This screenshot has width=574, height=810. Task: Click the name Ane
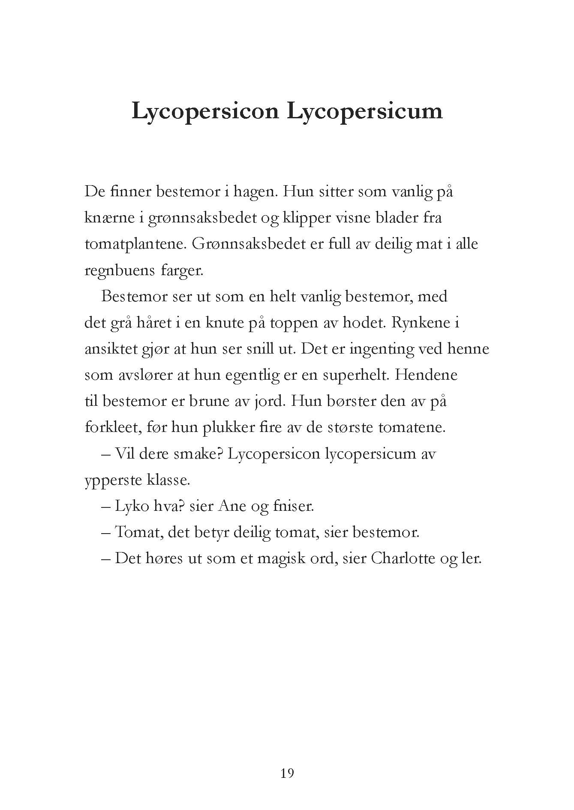click(x=232, y=507)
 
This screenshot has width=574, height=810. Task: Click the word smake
click(x=198, y=454)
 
